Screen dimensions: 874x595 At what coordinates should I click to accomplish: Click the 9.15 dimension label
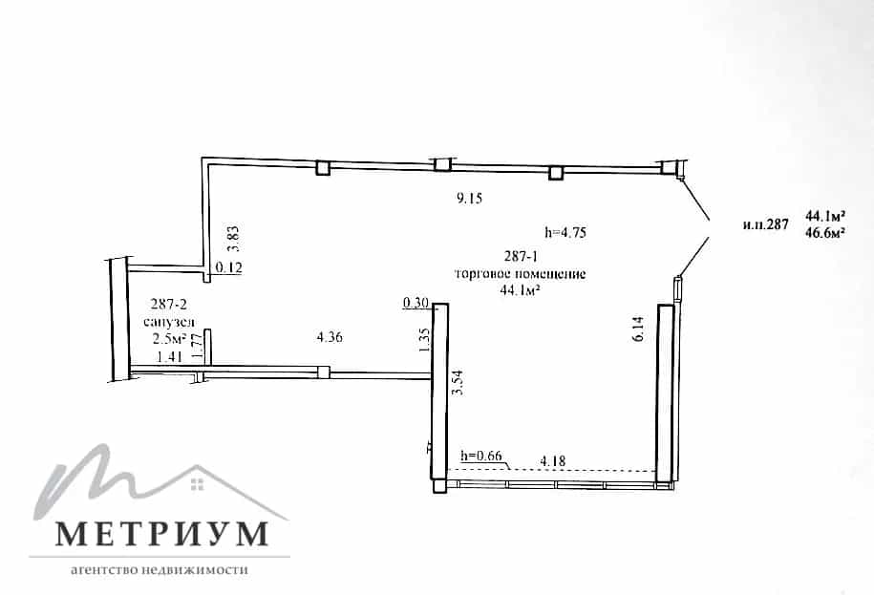(x=469, y=198)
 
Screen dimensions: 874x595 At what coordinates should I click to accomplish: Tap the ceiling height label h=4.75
(x=565, y=232)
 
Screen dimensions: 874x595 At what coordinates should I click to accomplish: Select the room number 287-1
(x=520, y=257)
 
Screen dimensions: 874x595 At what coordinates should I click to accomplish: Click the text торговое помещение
(x=521, y=274)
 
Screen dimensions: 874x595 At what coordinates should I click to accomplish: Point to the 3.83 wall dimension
(x=234, y=238)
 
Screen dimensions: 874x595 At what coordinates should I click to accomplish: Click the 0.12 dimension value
(x=228, y=268)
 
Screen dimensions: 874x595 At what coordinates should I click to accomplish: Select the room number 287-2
(x=169, y=304)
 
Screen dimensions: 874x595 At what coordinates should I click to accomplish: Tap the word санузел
(x=169, y=322)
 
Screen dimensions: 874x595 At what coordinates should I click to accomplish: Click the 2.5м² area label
(x=169, y=339)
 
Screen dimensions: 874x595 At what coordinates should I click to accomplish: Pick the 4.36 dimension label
(x=330, y=337)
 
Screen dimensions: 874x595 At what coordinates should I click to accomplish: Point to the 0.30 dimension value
(x=416, y=303)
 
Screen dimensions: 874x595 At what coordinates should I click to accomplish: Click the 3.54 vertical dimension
(x=458, y=382)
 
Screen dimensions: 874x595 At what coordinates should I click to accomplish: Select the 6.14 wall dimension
(x=639, y=329)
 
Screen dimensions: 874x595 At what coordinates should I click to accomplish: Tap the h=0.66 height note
(x=481, y=456)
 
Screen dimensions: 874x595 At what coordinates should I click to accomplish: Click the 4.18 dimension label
(x=553, y=461)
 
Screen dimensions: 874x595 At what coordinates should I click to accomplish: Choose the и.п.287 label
(x=766, y=224)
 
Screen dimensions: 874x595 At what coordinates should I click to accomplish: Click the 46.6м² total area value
(x=824, y=233)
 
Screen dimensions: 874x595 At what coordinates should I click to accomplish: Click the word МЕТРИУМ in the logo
(x=162, y=533)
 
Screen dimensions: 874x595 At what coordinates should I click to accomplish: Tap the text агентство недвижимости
(x=160, y=570)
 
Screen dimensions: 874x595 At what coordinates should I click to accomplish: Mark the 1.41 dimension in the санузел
(x=169, y=357)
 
